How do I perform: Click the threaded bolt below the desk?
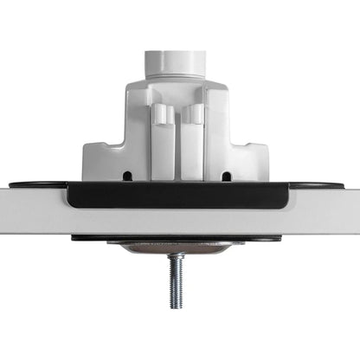pos(177,277)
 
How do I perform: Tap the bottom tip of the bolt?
pos(177,307)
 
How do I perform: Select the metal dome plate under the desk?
pos(177,247)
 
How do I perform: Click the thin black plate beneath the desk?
pos(177,238)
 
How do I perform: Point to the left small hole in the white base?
pos(127,177)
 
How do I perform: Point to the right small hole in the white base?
pos(227,177)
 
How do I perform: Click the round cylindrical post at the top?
pos(177,62)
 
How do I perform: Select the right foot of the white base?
pos(257,164)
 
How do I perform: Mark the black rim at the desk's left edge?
pos(35,185)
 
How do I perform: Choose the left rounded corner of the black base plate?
pos(73,201)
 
